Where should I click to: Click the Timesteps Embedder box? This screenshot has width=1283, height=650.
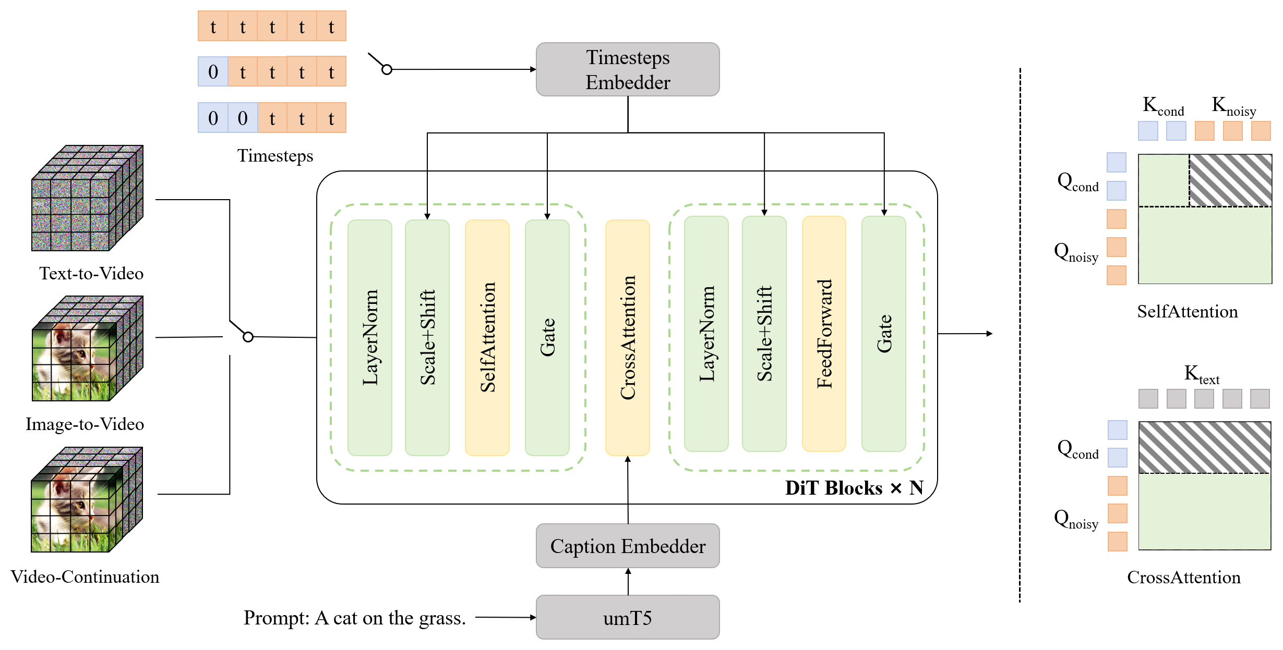(628, 69)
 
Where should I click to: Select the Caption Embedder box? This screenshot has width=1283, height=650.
(628, 546)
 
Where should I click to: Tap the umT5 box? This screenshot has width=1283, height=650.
(628, 618)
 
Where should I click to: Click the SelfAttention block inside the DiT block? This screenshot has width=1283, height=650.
(487, 337)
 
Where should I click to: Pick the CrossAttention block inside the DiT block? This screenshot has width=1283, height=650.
(628, 337)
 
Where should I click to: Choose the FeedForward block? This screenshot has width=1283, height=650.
(824, 334)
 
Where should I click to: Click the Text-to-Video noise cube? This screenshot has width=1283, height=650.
(87, 198)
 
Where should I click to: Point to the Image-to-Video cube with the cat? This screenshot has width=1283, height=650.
(87, 349)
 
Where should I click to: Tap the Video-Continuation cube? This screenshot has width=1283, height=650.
(87, 499)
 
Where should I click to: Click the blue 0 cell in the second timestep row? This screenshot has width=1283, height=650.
(213, 71)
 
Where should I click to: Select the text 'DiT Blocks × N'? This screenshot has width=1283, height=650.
(854, 488)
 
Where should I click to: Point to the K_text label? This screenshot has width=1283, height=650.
(1202, 374)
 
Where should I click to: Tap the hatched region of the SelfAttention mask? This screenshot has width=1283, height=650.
(1230, 180)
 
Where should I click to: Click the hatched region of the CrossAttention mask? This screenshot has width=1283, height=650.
(1205, 447)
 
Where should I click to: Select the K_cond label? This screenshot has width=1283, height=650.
(1163, 106)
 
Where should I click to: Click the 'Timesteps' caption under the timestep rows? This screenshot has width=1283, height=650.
(275, 156)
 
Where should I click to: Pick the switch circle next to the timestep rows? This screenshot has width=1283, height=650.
(387, 69)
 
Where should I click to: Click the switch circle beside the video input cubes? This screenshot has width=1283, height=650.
(248, 337)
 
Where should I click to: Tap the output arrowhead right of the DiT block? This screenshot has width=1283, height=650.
(990, 334)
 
